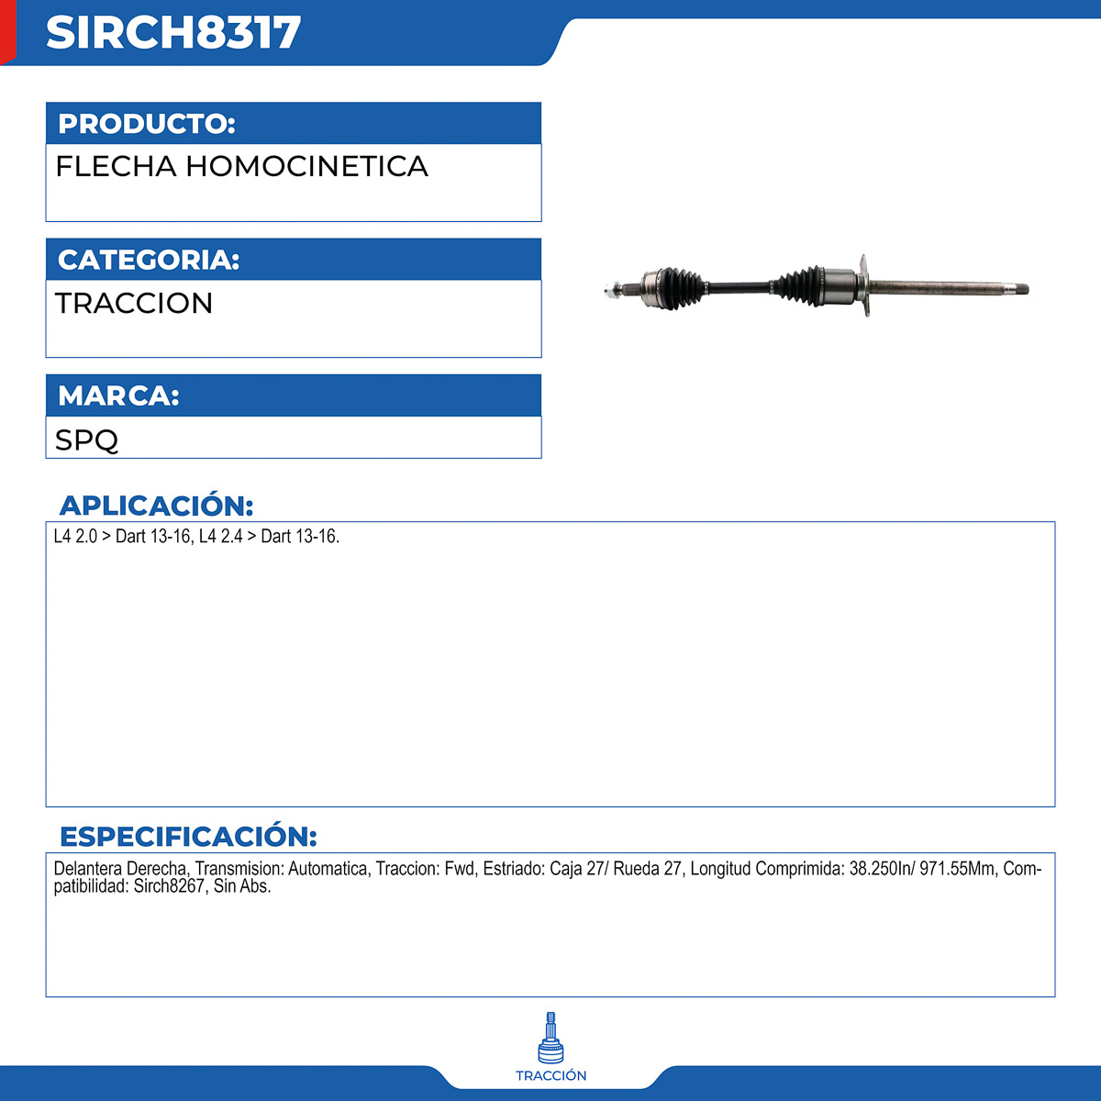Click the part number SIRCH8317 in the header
[173, 33]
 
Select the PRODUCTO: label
[147, 124]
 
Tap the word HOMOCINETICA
[306, 167]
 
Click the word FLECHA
[116, 167]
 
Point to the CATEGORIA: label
[149, 260]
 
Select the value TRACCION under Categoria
[134, 303]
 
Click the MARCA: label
[118, 395]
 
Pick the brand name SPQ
[86, 439]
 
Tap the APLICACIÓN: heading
[156, 506]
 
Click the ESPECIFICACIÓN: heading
[188, 837]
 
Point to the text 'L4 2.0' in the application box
[75, 537]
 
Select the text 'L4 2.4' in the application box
[220, 537]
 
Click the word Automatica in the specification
[328, 869]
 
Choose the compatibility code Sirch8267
[169, 887]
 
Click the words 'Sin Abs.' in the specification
[242, 887]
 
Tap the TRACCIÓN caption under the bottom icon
[550, 1076]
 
